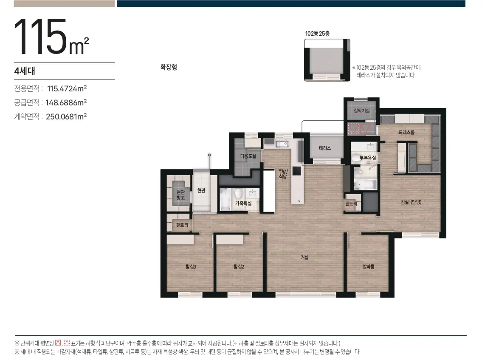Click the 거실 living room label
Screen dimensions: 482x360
pos(304,257)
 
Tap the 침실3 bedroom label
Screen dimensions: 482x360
pos(191,266)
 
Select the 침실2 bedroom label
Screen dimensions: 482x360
pos(239,266)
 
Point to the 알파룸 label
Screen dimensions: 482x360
pos(368,266)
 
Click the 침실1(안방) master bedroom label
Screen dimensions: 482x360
pos(411,202)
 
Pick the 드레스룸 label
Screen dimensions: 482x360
pos(406,132)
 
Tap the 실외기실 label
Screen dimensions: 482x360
pos(361,111)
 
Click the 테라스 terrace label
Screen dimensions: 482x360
pos(325,148)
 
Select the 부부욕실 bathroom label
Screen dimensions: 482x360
pos(368,158)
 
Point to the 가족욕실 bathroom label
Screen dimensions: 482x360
pos(243,203)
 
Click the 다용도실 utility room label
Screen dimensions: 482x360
pos(248,156)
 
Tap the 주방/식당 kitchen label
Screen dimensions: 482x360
pos(283,174)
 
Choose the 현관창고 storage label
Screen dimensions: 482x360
pos(181,195)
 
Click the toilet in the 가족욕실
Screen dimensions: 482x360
pos(238,193)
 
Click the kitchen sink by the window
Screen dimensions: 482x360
pos(282,143)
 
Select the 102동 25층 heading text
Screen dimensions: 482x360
pos(317,34)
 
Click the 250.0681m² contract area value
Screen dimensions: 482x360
pos(66,116)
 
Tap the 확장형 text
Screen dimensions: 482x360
pos(169,67)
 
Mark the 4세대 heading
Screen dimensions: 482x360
pos(25,71)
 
